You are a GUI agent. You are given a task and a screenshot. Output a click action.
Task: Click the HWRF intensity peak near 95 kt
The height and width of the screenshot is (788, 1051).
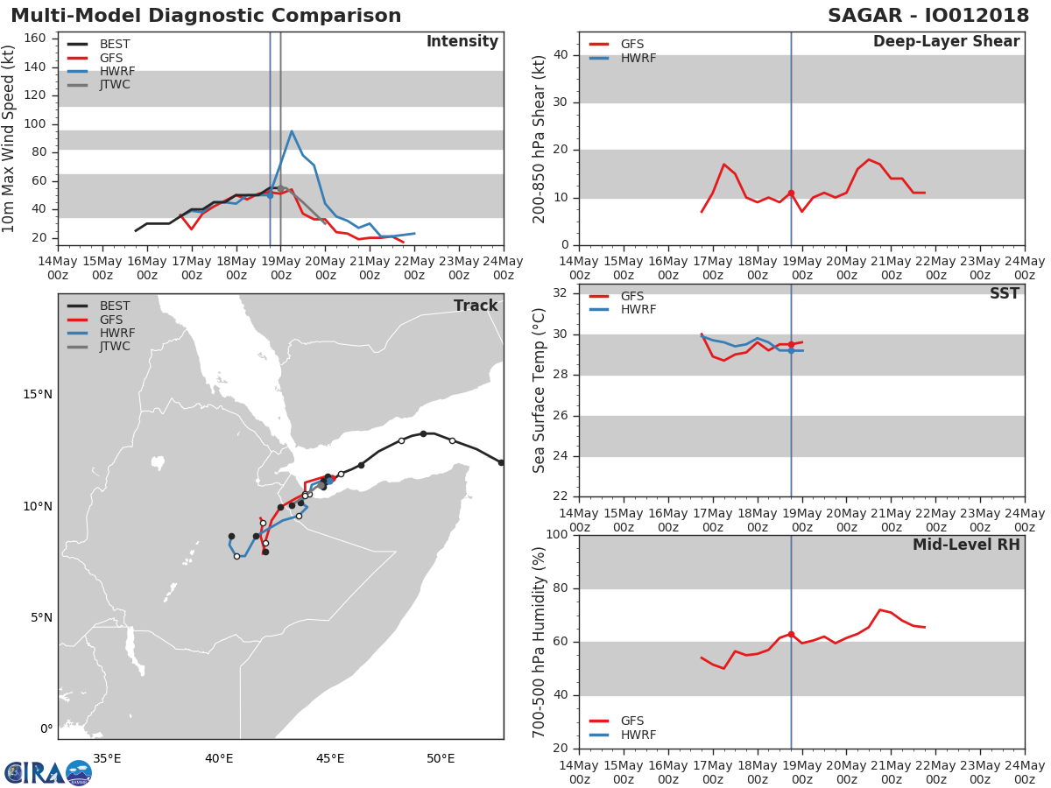(292, 131)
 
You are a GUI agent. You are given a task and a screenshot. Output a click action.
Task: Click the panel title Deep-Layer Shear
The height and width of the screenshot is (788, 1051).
(946, 42)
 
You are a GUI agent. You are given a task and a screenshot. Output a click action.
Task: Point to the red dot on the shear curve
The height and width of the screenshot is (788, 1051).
(791, 193)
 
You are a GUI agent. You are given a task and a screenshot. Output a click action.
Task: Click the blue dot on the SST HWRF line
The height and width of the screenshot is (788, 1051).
(791, 351)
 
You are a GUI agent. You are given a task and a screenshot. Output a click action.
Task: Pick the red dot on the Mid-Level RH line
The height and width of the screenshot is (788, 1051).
(791, 635)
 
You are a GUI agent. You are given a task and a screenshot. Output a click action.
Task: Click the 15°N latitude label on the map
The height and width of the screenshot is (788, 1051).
(38, 395)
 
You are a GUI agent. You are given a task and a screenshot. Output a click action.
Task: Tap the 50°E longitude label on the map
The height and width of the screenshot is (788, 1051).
(441, 759)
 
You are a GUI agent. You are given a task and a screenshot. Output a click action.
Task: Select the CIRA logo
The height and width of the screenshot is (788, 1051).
(48, 772)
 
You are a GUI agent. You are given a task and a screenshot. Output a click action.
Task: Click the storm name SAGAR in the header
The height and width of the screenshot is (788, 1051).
(864, 16)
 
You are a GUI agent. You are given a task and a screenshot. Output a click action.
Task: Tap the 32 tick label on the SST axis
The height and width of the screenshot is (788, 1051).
(561, 293)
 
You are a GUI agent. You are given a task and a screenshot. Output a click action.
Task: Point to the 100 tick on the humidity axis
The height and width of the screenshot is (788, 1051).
(557, 534)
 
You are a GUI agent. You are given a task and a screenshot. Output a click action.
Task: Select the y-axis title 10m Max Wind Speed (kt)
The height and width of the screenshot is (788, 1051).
(8, 139)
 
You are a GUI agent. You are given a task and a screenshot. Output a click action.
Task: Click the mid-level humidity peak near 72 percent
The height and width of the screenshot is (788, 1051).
(880, 609)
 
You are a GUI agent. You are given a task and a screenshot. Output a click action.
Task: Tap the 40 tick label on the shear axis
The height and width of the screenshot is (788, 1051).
(561, 55)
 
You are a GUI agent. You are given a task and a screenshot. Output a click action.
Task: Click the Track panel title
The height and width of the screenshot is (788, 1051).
(476, 306)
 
